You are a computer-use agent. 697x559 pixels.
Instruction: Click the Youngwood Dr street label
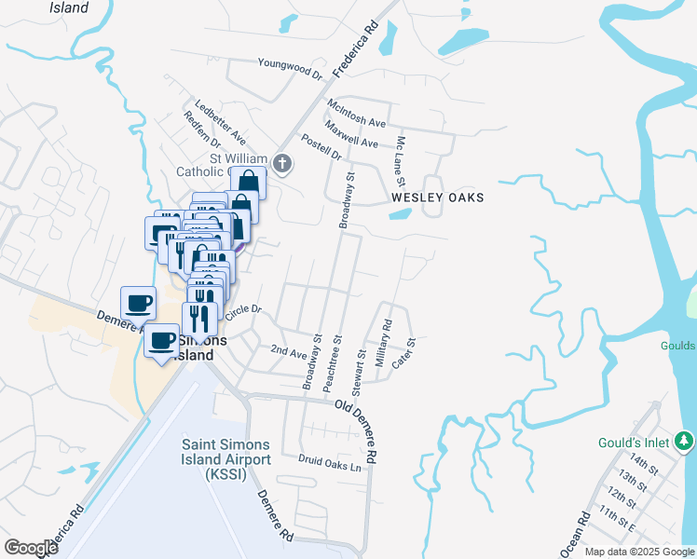click(x=290, y=67)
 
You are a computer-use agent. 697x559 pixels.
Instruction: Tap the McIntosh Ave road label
click(x=355, y=111)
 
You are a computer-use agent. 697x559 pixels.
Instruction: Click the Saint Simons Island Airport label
click(x=225, y=459)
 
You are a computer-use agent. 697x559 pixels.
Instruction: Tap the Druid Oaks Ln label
click(x=329, y=461)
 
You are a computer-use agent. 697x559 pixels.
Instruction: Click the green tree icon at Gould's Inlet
click(x=685, y=439)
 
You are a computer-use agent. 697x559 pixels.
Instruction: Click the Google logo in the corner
click(x=31, y=548)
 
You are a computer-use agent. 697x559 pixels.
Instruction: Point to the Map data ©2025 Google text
click(x=638, y=552)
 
